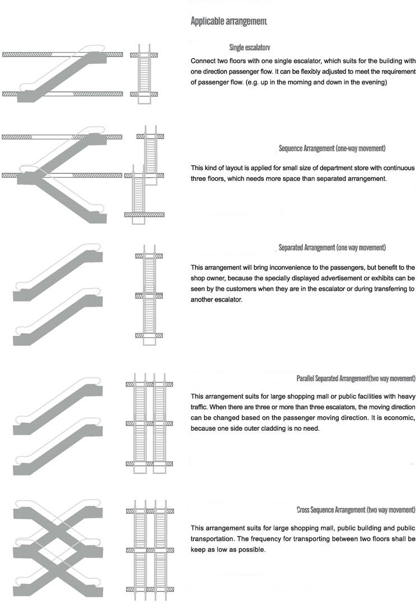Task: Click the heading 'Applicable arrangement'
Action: [228, 22]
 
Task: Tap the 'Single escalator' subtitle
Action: [250, 48]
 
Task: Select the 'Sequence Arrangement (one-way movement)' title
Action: [332, 149]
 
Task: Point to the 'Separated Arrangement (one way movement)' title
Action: [332, 247]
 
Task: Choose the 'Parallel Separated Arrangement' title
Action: [356, 379]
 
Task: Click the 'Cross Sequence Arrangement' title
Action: [356, 510]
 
